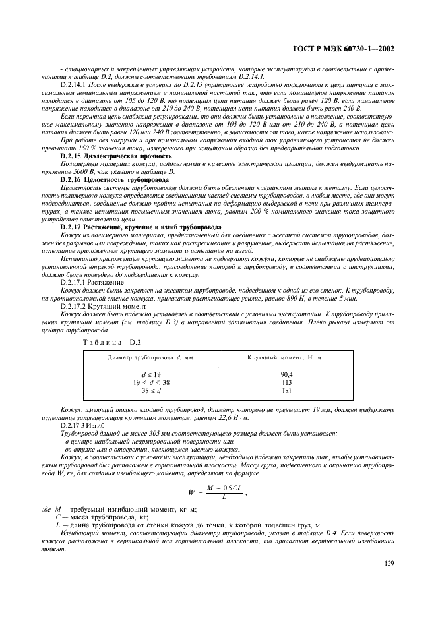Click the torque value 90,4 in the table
coord(286,374)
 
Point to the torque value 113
coord(286,382)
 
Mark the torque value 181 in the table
coord(286,390)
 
